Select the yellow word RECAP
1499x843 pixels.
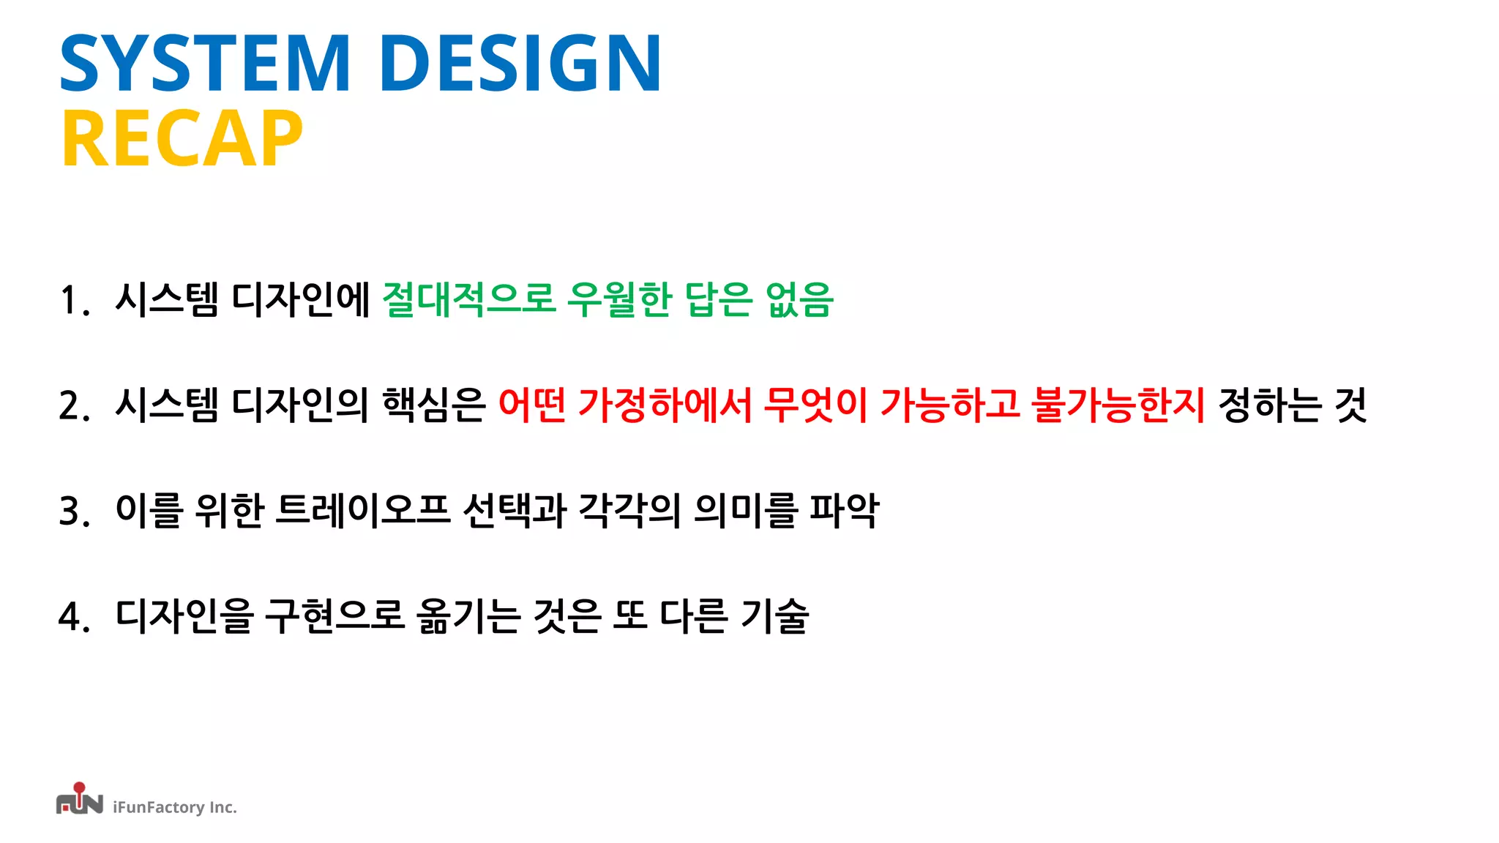pos(182,139)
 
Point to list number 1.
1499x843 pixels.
pos(73,300)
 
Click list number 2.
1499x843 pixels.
pos(73,405)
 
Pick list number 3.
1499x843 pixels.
pos(73,511)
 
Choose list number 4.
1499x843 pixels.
pos(73,616)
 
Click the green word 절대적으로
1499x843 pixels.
pos(468,299)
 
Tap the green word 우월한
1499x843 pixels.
pos(619,299)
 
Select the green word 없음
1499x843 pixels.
pos(799,299)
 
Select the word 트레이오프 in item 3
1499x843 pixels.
pos(362,510)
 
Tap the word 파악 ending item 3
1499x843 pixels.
pos(844,510)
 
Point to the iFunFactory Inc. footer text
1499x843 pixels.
pos(175,807)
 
